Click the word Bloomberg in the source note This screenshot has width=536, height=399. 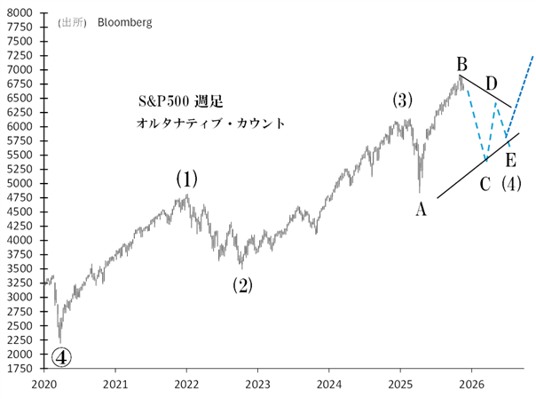124,22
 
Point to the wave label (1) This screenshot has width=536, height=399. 185,180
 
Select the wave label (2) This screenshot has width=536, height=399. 242,285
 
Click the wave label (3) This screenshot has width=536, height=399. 402,100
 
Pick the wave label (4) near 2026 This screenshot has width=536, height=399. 511,185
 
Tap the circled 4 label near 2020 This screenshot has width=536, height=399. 61,356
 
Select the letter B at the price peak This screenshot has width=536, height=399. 462,64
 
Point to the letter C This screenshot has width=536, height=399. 485,185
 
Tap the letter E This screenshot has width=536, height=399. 510,160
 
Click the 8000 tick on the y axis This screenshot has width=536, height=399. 21,13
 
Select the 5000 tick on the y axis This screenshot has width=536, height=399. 21,184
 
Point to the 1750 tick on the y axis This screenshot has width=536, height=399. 21,368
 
